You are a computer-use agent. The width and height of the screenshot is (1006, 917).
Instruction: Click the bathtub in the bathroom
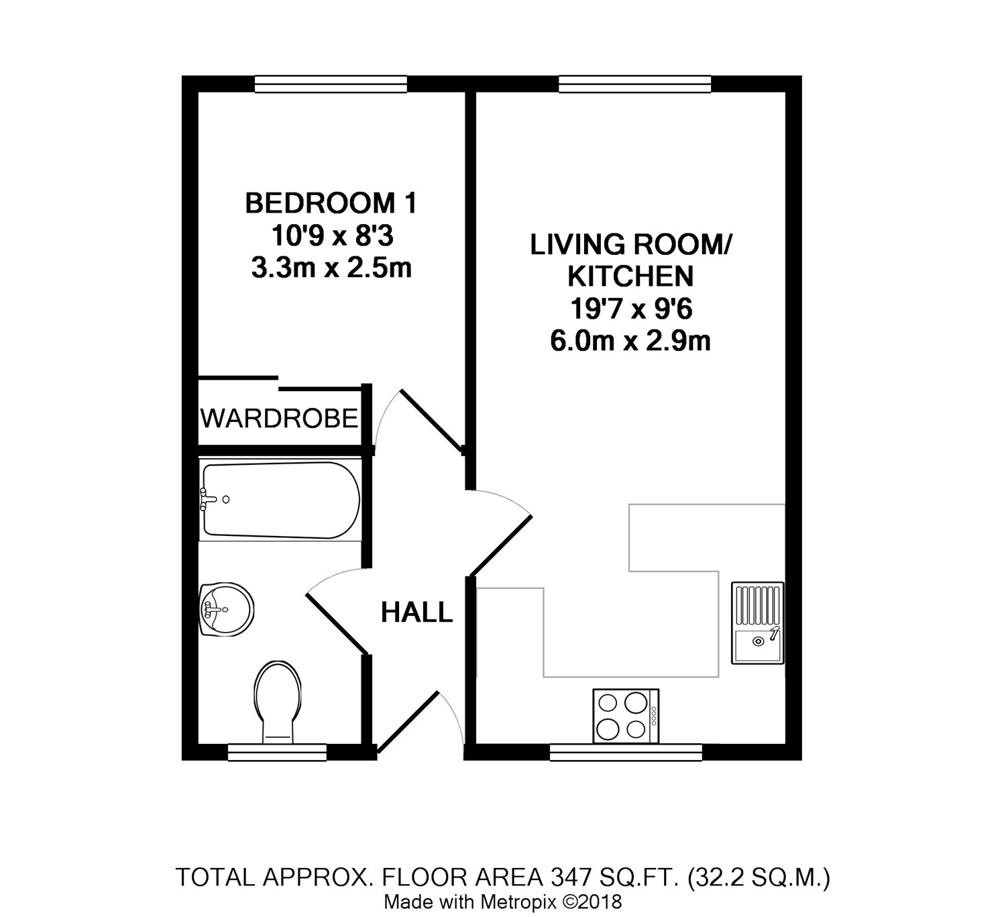280,500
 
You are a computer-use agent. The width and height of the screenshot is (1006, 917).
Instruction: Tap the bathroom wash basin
227,610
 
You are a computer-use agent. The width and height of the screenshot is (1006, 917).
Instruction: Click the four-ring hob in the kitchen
625,716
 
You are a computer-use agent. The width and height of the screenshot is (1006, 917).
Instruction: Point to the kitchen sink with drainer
757,623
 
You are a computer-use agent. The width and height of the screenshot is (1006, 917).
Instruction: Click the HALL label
416,612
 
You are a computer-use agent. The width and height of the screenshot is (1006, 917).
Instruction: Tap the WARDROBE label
280,419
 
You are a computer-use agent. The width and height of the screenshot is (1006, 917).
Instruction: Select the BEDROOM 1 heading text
331,203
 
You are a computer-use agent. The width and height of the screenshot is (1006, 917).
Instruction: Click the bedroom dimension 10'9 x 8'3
332,235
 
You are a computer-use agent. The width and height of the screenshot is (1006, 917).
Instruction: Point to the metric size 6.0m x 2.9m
630,341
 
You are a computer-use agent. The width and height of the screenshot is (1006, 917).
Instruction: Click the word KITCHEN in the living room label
630,276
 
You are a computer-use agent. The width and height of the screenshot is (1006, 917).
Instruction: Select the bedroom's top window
331,84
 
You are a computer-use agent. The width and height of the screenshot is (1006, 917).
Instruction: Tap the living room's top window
635,84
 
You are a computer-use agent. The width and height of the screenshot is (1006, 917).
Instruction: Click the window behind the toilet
278,753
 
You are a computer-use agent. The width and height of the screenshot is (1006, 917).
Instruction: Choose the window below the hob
626,753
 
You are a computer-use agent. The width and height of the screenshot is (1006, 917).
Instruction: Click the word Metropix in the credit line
519,902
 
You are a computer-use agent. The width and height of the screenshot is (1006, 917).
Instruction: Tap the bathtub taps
207,499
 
